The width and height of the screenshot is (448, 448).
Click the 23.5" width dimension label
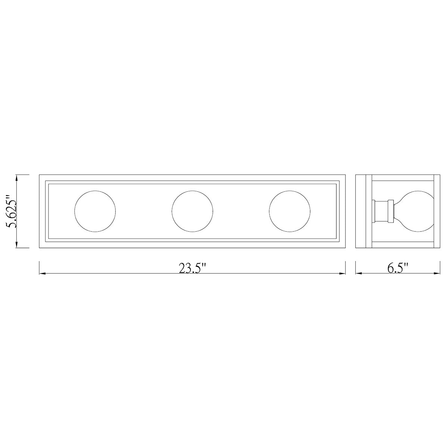193,268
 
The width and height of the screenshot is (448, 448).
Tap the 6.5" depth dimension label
398,268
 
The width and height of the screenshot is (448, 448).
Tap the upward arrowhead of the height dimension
16,178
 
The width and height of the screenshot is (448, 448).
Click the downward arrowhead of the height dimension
16,244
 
